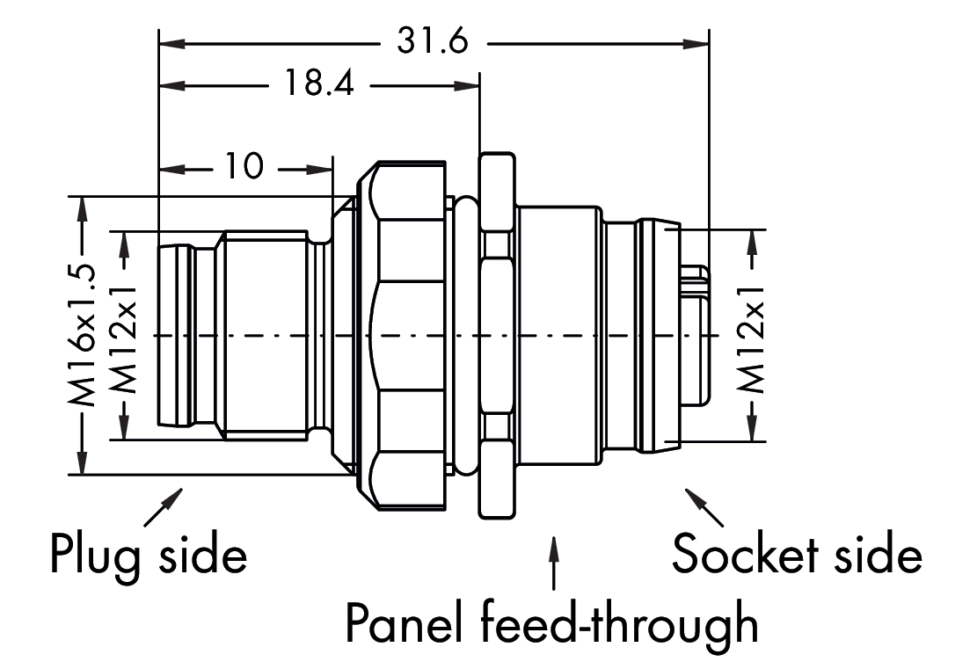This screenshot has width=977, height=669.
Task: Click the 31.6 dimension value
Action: tap(432, 41)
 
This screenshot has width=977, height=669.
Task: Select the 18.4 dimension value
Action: tap(318, 85)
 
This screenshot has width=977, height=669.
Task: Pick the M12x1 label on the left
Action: tap(127, 335)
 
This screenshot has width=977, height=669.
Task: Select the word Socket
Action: tap(738, 554)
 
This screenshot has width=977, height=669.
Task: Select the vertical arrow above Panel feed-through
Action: tap(553, 563)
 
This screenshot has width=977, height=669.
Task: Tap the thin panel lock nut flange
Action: tap(497, 335)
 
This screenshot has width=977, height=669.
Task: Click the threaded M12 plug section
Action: tap(264, 335)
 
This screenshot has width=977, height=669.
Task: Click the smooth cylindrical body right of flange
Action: tap(559, 335)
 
